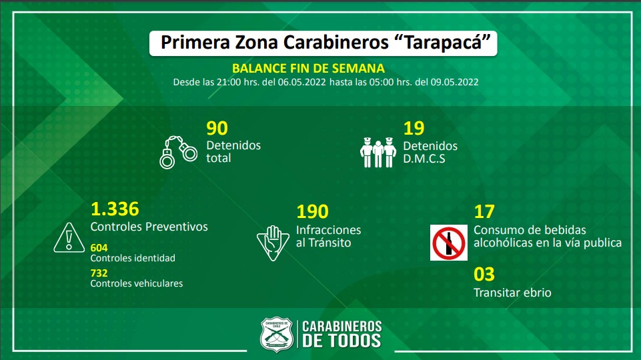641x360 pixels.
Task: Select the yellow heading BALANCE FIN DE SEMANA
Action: pos(308,68)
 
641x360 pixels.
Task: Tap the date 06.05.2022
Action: pos(301,82)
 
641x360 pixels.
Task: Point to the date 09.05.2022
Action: pos(454,82)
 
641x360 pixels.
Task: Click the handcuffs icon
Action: pos(178,152)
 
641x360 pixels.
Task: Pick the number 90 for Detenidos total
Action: pos(217,128)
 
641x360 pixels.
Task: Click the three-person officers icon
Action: pos(378,152)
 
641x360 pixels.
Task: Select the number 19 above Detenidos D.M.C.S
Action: pos(414,128)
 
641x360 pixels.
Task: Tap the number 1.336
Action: pos(115,209)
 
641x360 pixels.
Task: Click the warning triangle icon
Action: pos(69,237)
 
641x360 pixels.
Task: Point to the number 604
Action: pos(99,247)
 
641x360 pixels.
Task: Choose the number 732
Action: pos(99,273)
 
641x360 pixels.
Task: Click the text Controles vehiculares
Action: pos(137,283)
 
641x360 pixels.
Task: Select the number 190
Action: pos(312,212)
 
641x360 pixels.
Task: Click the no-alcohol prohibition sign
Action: pos(449,243)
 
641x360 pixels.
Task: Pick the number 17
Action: pos(484,212)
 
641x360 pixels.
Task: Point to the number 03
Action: pos(484,274)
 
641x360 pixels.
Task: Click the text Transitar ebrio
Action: pos(513,293)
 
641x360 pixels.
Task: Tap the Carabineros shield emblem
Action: pos(277,335)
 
